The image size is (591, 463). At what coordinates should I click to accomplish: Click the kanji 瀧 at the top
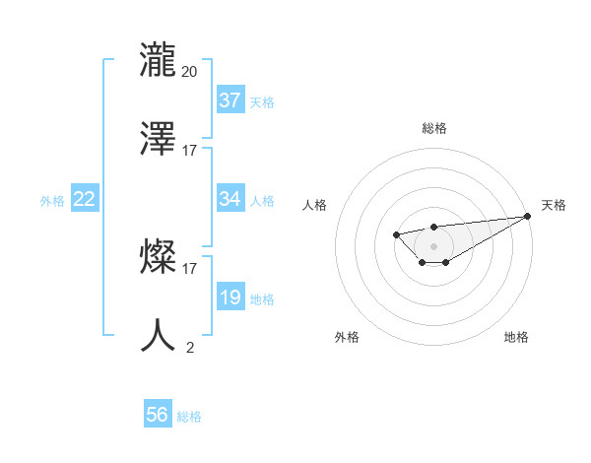pyautogui.click(x=159, y=58)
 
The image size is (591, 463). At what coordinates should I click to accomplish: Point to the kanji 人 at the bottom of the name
pyautogui.click(x=159, y=334)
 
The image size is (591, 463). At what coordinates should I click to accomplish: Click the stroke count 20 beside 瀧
pyautogui.click(x=190, y=71)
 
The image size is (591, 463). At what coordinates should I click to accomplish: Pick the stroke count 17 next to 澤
pyautogui.click(x=190, y=151)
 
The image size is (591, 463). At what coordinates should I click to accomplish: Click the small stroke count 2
pyautogui.click(x=190, y=347)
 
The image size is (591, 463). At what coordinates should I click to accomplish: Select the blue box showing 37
pyautogui.click(x=230, y=100)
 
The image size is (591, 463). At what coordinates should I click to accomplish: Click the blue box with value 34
pyautogui.click(x=230, y=199)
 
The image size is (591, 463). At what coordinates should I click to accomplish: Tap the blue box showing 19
pyautogui.click(x=230, y=298)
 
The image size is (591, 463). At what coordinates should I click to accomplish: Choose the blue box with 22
pyautogui.click(x=85, y=199)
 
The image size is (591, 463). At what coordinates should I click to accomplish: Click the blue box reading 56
pyautogui.click(x=158, y=415)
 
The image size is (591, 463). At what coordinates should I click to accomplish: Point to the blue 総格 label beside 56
pyautogui.click(x=189, y=417)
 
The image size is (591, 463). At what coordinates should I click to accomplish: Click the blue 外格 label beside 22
pyautogui.click(x=52, y=201)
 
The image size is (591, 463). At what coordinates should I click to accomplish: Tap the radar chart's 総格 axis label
pyautogui.click(x=434, y=128)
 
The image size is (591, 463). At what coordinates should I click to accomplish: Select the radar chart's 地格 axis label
pyautogui.click(x=516, y=337)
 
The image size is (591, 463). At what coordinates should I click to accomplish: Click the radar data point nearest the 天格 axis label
pyautogui.click(x=527, y=216)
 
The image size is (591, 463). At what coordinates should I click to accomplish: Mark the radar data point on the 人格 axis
pyautogui.click(x=396, y=233)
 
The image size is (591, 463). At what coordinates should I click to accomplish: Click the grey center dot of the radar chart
pyautogui.click(x=433, y=246)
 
